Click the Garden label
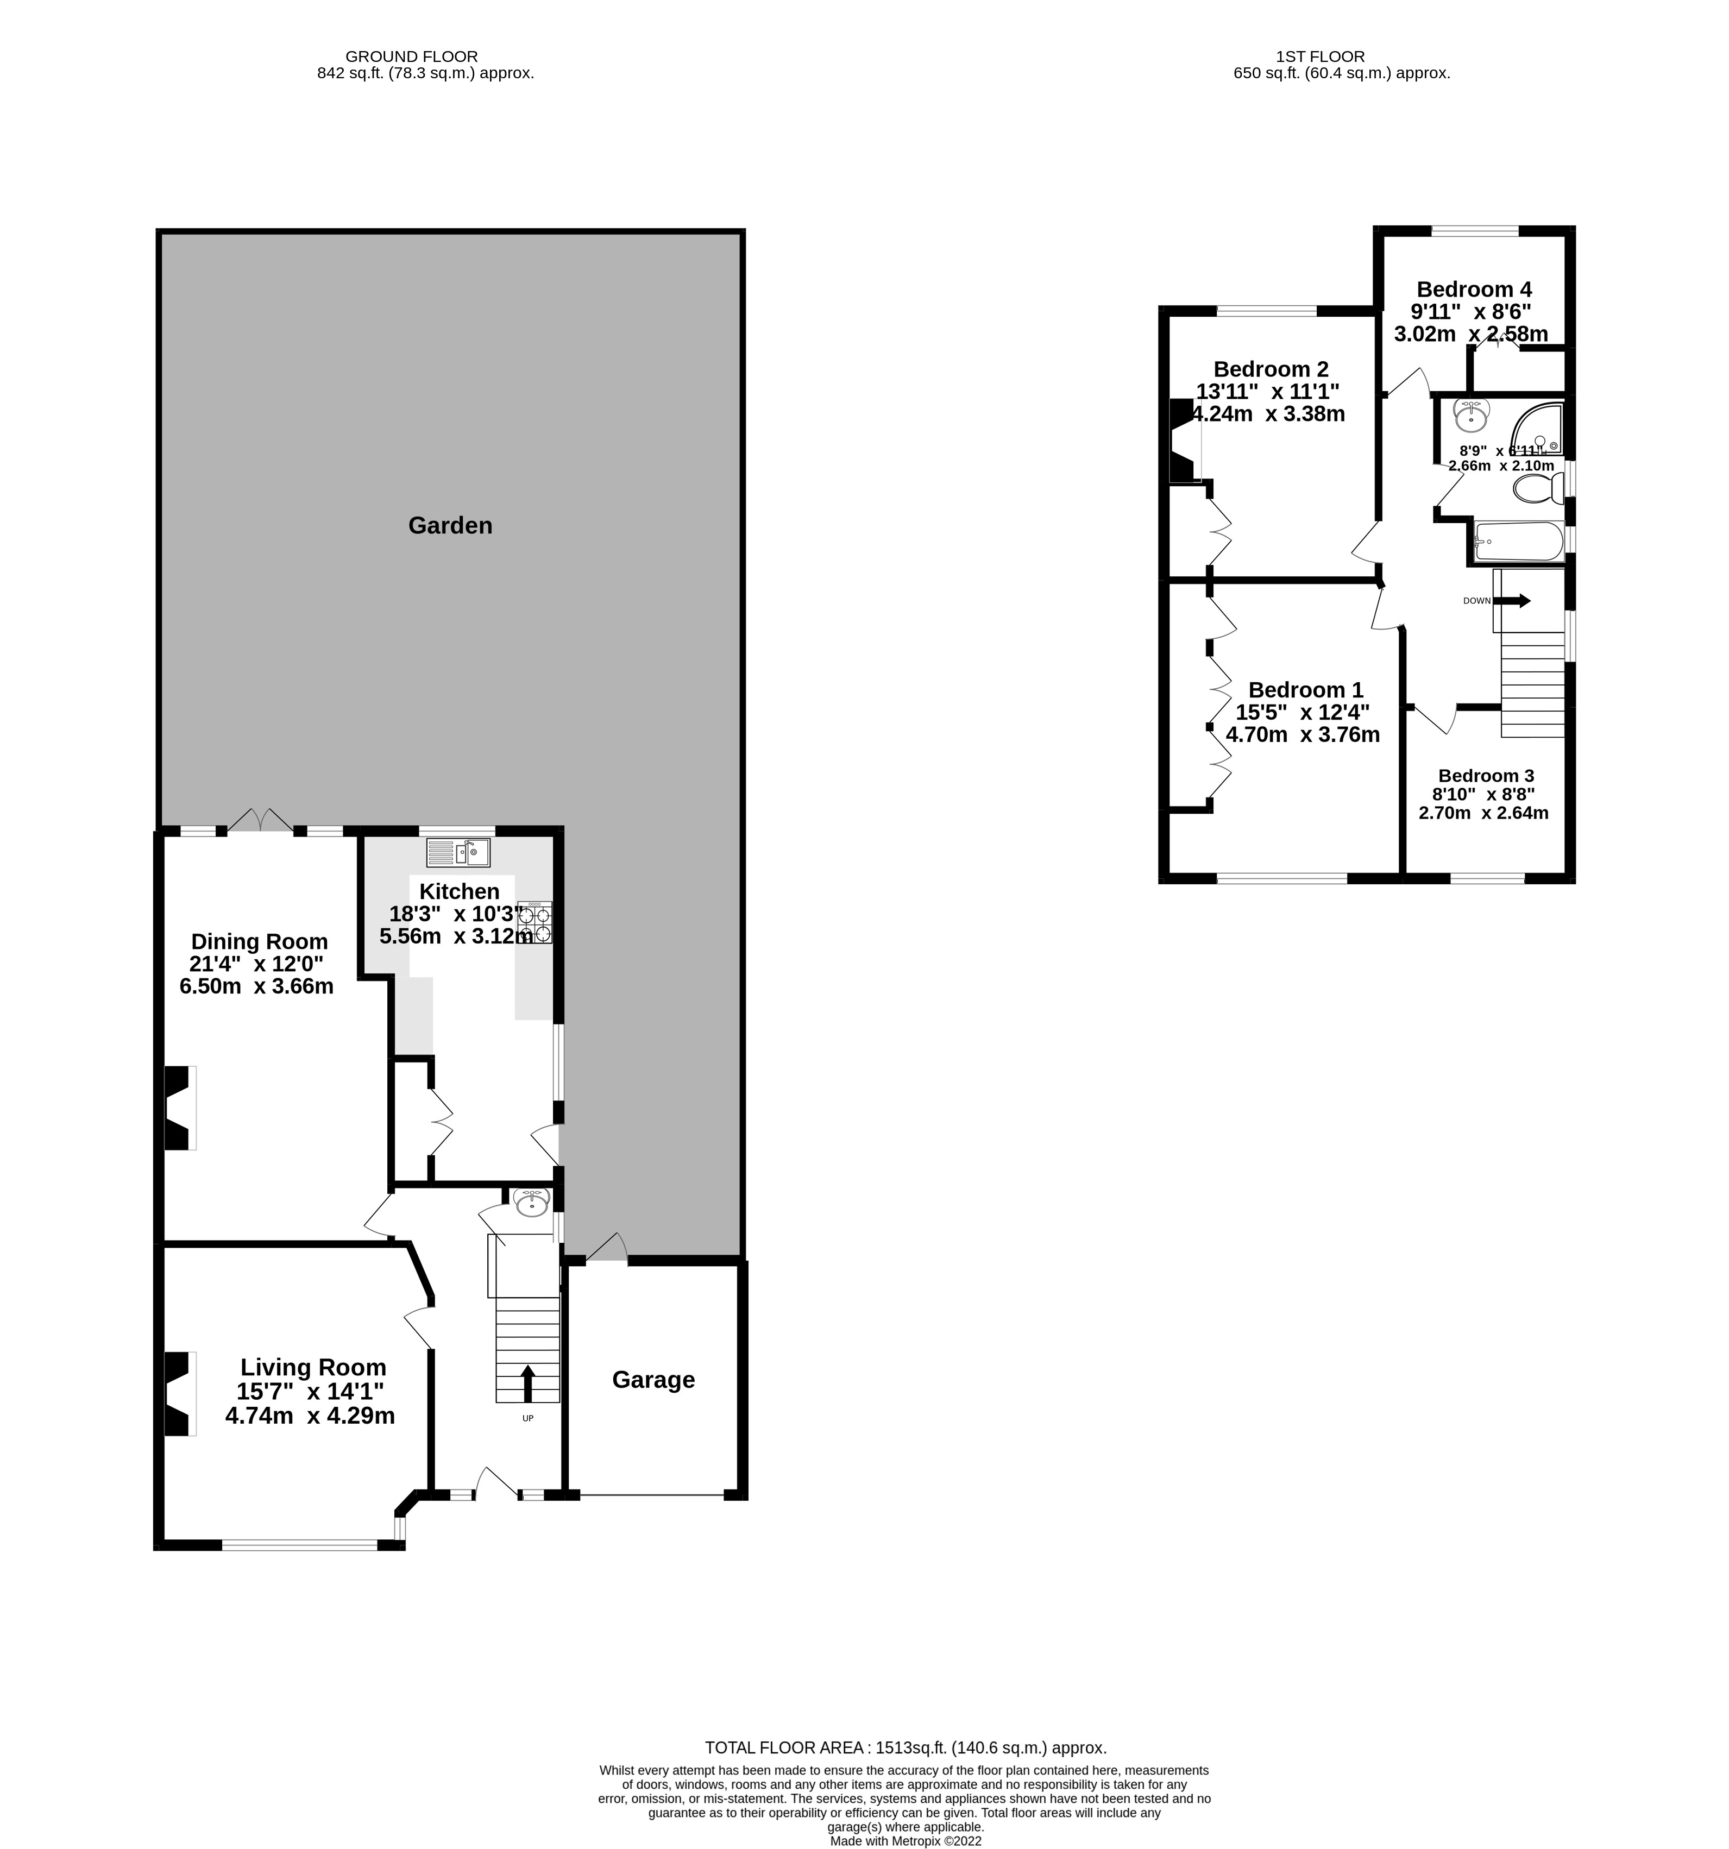(x=450, y=525)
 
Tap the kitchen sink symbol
(x=457, y=851)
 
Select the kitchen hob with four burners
(x=536, y=923)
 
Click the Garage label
(x=653, y=1379)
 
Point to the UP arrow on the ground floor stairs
(x=527, y=1383)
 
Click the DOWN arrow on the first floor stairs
(x=1511, y=601)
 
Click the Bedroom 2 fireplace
(x=1182, y=441)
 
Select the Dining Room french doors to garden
(x=260, y=820)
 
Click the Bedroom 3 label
(x=1485, y=776)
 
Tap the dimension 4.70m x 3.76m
(x=1302, y=735)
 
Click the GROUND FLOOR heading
(x=411, y=56)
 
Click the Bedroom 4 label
(x=1473, y=290)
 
